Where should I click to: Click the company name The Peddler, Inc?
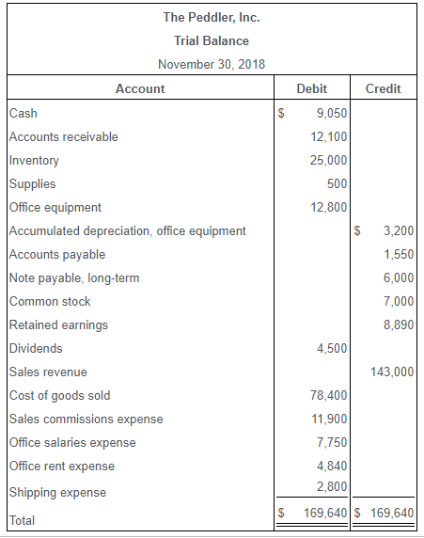pyautogui.click(x=212, y=17)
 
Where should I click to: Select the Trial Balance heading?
pyautogui.click(x=212, y=40)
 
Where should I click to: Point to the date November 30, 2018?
pyautogui.click(x=212, y=64)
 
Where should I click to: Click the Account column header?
pyautogui.click(x=139, y=88)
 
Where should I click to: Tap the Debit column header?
pyautogui.click(x=312, y=88)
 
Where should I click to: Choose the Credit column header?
pyautogui.click(x=383, y=88)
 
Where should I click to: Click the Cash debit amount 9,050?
pyautogui.click(x=332, y=114)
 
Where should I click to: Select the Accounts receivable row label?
pyautogui.click(x=64, y=137)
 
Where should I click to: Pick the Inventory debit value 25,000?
pyautogui.click(x=329, y=161)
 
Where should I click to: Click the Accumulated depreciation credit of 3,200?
pyautogui.click(x=399, y=230)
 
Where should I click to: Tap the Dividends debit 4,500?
pyautogui.click(x=332, y=348)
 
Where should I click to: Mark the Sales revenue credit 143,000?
pyautogui.click(x=393, y=372)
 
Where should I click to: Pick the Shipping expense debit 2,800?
pyautogui.click(x=332, y=486)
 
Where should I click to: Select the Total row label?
pyautogui.click(x=24, y=519)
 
